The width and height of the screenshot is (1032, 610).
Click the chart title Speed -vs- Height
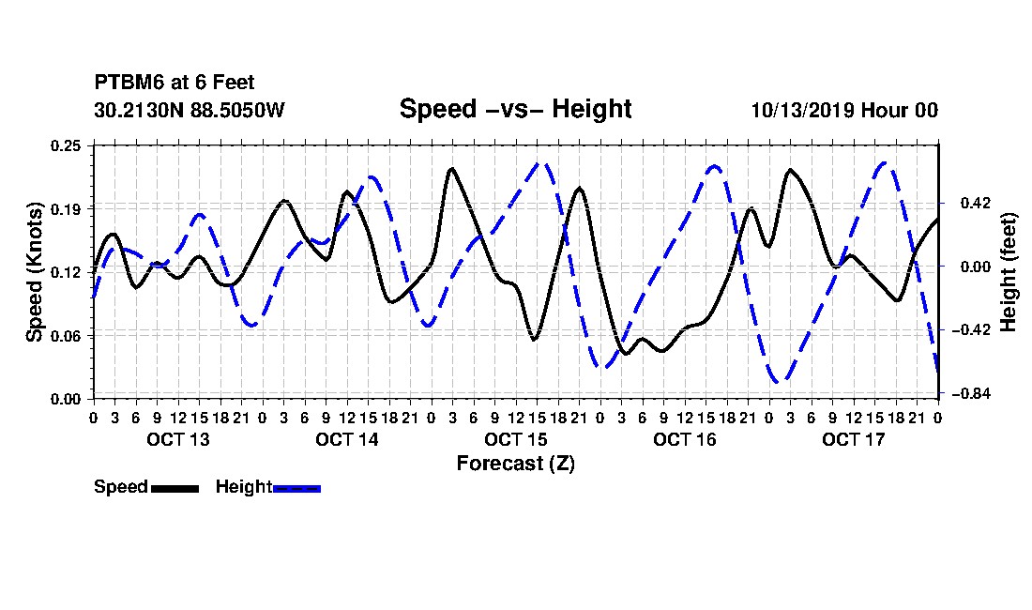515,109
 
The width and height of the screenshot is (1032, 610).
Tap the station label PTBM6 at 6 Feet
175,83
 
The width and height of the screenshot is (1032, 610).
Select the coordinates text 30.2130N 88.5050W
190,110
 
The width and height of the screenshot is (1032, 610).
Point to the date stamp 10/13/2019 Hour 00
844,110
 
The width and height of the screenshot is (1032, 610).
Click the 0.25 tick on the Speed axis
66,145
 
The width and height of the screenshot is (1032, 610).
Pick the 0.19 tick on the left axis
66,209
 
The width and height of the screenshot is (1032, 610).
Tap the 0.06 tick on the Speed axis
66,336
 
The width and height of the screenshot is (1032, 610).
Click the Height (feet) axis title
1008,272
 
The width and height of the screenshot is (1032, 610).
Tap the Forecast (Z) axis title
515,464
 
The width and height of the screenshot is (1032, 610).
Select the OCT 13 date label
177,439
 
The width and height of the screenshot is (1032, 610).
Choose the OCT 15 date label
516,439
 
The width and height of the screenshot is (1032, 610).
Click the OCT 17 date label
854,439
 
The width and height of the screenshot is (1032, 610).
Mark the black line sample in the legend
175,488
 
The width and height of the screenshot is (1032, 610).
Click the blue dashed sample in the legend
296,488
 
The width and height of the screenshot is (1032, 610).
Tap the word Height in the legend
244,487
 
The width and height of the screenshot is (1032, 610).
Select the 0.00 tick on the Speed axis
66,400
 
